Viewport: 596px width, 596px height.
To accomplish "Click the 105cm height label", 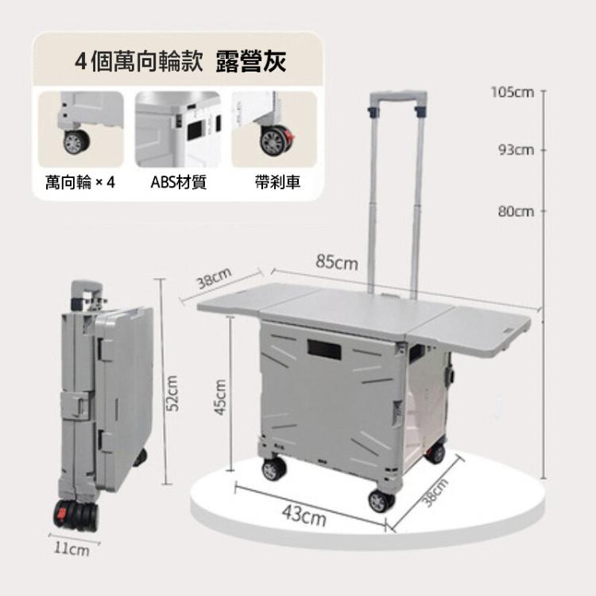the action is pyautogui.click(x=513, y=92).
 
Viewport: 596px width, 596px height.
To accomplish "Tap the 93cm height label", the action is pyautogui.click(x=517, y=150).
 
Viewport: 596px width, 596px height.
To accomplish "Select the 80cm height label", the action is pyautogui.click(x=516, y=211).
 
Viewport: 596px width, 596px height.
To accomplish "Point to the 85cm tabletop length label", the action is pyautogui.click(x=337, y=262).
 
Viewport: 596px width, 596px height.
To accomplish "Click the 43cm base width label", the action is pyautogui.click(x=304, y=515).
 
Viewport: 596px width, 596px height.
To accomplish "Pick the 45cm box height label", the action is pyautogui.click(x=220, y=397).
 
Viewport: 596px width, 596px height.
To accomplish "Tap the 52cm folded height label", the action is pyautogui.click(x=172, y=393).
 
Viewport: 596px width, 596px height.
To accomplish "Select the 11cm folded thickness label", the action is pyautogui.click(x=72, y=549).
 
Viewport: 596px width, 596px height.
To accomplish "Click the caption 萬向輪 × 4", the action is pyautogui.click(x=79, y=183).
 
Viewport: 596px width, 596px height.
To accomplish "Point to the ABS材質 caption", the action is pyautogui.click(x=178, y=183).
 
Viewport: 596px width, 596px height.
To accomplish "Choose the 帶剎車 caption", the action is pyautogui.click(x=277, y=183).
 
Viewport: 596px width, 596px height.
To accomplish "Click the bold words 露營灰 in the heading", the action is pyautogui.click(x=251, y=61).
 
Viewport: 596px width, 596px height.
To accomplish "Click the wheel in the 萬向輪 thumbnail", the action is pyautogui.click(x=76, y=142).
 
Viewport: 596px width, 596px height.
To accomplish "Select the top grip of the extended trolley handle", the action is pyautogui.click(x=397, y=95).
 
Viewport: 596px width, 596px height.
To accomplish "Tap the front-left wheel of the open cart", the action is pyautogui.click(x=273, y=469).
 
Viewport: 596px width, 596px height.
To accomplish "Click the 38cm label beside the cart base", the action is pyautogui.click(x=435, y=493).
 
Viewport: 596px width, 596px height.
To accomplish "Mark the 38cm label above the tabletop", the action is pyautogui.click(x=214, y=277).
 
